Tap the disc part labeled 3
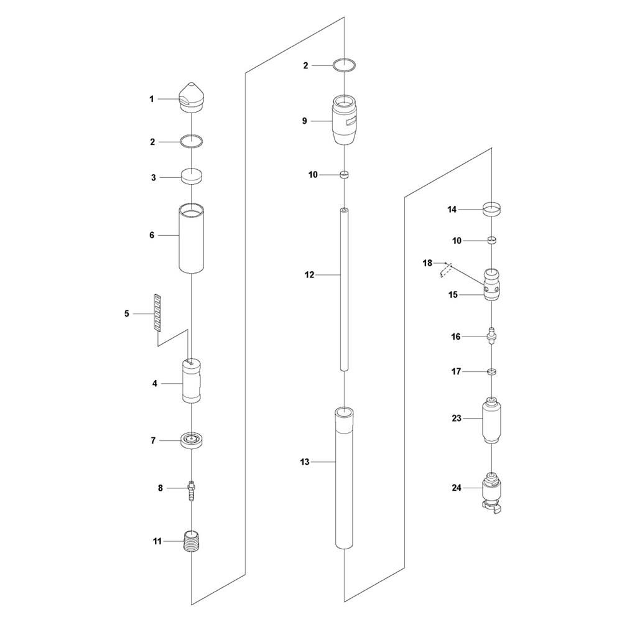192,177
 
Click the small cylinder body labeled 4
192,381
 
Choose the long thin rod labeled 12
344,289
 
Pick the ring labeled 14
493,208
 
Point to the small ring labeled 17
492,371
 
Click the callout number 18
427,263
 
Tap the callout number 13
305,462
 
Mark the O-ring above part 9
344,64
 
